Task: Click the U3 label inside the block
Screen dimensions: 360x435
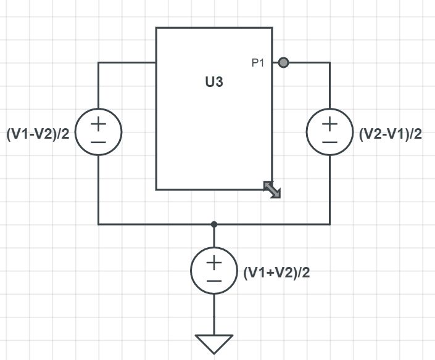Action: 213,83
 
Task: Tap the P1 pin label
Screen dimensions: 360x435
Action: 258,63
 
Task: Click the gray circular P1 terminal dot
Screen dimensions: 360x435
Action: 283,62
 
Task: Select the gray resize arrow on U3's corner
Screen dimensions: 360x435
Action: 272,189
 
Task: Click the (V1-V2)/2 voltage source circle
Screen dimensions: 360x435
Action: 99,132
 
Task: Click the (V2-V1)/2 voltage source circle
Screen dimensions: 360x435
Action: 329,132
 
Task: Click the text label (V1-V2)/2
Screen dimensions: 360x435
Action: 39,134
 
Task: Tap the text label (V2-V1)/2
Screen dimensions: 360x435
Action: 390,134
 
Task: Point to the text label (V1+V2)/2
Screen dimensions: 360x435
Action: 276,272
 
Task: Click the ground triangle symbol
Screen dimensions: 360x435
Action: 214,343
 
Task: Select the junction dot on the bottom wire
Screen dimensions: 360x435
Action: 214,224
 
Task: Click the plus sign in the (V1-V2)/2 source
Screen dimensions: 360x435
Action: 99,123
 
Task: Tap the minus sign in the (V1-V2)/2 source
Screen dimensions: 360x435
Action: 99,142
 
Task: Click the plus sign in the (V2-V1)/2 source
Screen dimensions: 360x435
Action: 329,123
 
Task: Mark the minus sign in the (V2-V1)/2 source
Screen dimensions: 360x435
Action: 329,142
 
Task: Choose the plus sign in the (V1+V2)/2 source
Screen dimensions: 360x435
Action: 214,263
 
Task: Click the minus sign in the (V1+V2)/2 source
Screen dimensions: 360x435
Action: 214,281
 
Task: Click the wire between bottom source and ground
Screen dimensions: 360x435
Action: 214,314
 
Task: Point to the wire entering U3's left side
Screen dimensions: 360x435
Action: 126,63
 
